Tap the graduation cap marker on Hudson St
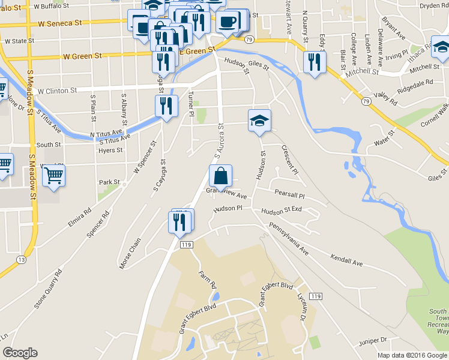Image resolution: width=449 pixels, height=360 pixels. [x=259, y=121]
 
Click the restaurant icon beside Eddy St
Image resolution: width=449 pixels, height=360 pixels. [x=314, y=62]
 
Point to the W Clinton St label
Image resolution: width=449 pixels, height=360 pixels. [x=58, y=91]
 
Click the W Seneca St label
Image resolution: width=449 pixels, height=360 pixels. [x=59, y=24]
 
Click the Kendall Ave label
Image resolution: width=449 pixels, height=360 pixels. [x=346, y=260]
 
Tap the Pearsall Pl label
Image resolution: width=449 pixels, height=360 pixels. [x=289, y=196]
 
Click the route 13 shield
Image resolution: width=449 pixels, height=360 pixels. [x=22, y=260]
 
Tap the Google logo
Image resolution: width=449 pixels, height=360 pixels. [x=20, y=353]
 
